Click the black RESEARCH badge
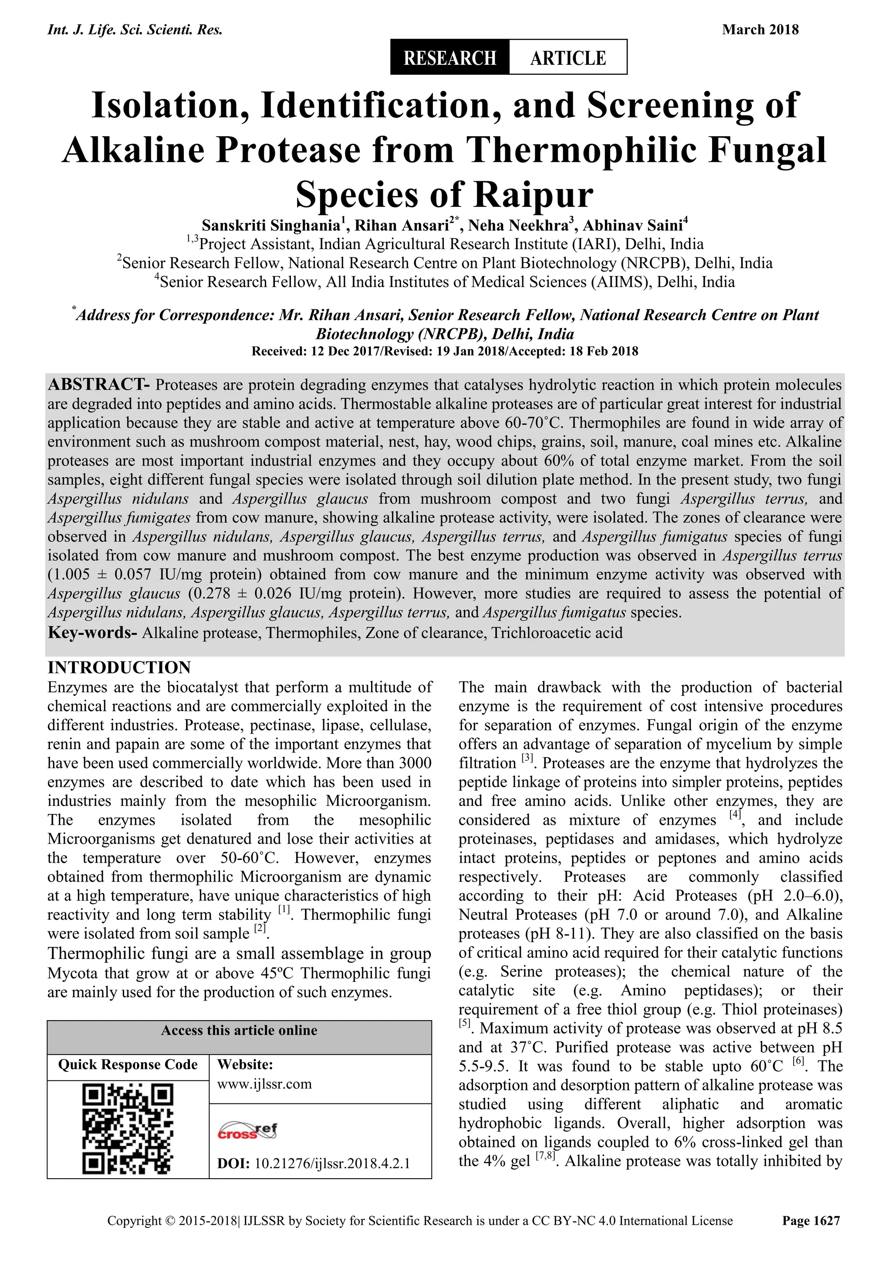coord(449,57)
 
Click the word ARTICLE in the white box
coord(568,57)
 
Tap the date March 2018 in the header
coord(760,30)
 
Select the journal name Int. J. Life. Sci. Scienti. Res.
coord(135,30)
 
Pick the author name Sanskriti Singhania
coord(271,226)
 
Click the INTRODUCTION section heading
coord(119,668)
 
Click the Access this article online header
coord(239,1030)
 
